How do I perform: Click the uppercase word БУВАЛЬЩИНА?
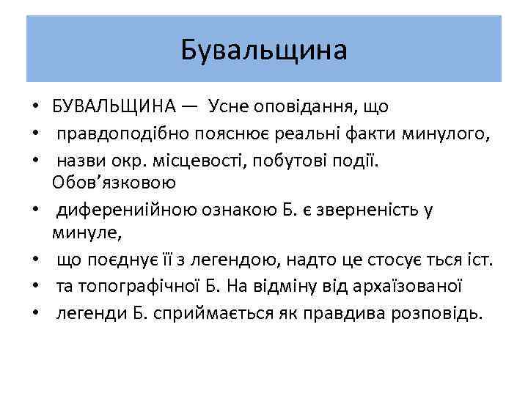pyautogui.click(x=114, y=107)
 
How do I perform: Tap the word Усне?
pyautogui.click(x=229, y=107)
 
